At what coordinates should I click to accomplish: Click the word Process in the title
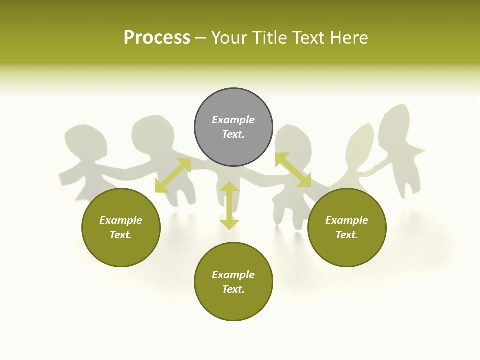(x=157, y=38)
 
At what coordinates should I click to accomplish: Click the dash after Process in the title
(x=201, y=38)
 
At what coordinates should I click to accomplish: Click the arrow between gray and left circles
(x=173, y=175)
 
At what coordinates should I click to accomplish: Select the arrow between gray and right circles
(x=293, y=170)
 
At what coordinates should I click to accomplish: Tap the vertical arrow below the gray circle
(x=229, y=205)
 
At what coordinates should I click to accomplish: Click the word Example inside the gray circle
(x=233, y=120)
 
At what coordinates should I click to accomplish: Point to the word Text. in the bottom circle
(x=233, y=289)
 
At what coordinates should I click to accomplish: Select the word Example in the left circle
(x=121, y=220)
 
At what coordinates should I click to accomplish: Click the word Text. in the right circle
(x=347, y=235)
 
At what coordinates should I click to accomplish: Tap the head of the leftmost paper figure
(x=86, y=141)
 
